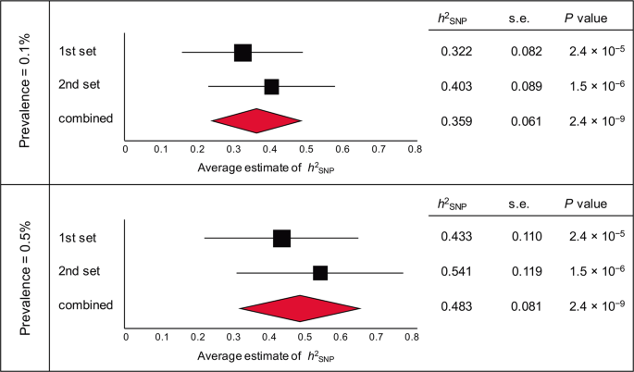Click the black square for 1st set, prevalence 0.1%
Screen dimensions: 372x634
click(x=242, y=52)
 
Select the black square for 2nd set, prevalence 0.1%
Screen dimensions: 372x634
click(x=271, y=86)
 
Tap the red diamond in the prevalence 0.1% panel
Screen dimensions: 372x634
click(x=256, y=120)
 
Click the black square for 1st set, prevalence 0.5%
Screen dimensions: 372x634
click(x=282, y=238)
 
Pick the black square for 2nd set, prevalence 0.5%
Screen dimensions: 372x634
click(x=320, y=272)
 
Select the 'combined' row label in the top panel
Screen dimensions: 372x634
click(x=85, y=118)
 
